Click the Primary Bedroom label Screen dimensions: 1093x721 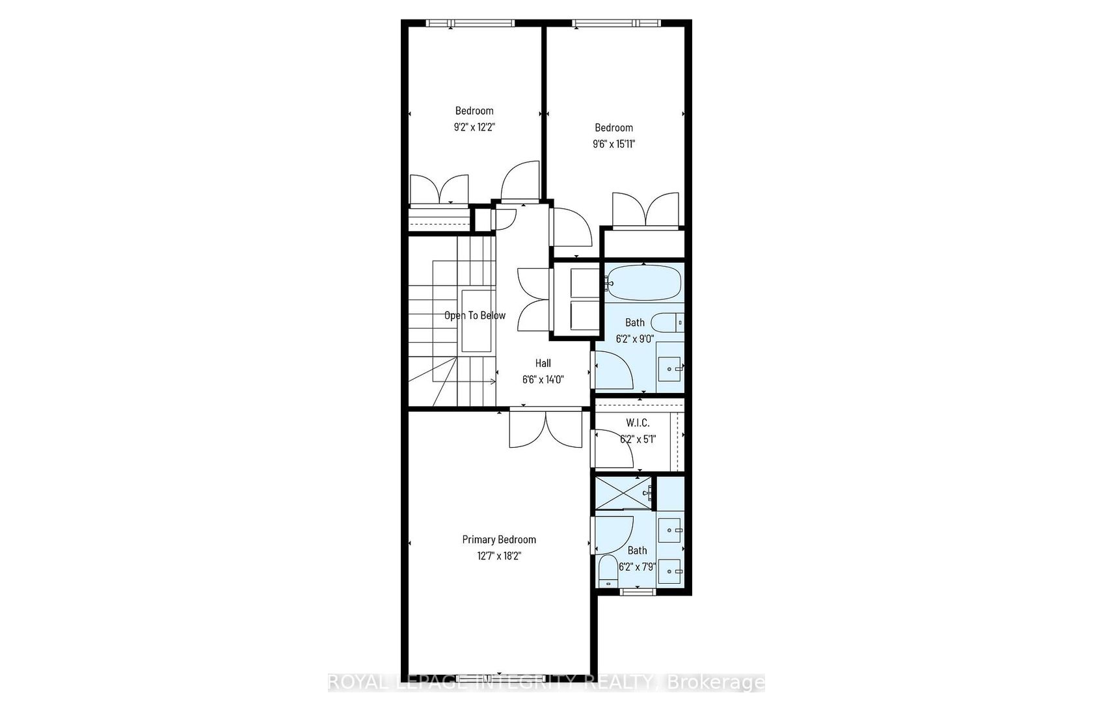[x=498, y=539]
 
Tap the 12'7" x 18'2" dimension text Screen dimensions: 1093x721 [x=499, y=556]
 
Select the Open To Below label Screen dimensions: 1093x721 [x=475, y=316]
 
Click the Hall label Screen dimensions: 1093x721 [x=543, y=363]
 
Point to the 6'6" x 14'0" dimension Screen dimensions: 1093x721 [x=543, y=380]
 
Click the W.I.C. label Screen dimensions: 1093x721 [x=638, y=423]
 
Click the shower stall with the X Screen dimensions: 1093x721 [x=623, y=493]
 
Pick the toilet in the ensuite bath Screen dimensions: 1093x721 [x=608, y=571]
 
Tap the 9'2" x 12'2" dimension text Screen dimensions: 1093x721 [x=474, y=128]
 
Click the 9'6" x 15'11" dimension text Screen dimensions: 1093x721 [x=614, y=144]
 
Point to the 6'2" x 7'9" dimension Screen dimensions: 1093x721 [x=638, y=567]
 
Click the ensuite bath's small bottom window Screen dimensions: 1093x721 [x=638, y=592]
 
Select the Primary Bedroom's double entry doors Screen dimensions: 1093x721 [x=545, y=429]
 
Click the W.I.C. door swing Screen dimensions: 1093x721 [x=612, y=448]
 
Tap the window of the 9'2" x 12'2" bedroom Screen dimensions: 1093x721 [x=470, y=23]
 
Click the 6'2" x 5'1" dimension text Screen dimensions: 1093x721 [x=638, y=439]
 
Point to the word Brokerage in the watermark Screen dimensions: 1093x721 [x=716, y=682]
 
